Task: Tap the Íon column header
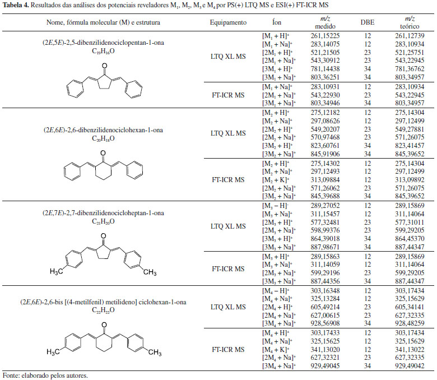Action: pyautogui.click(x=276, y=23)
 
